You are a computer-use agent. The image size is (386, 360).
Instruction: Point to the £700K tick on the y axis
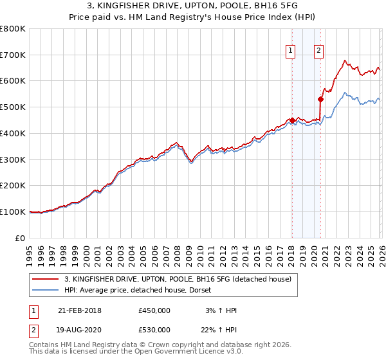tap(13, 55)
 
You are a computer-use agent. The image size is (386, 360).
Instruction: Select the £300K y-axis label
tap(13, 159)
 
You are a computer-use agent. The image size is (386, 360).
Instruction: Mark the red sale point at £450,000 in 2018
tap(291, 120)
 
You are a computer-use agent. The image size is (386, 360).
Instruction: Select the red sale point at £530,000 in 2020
tap(320, 99)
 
